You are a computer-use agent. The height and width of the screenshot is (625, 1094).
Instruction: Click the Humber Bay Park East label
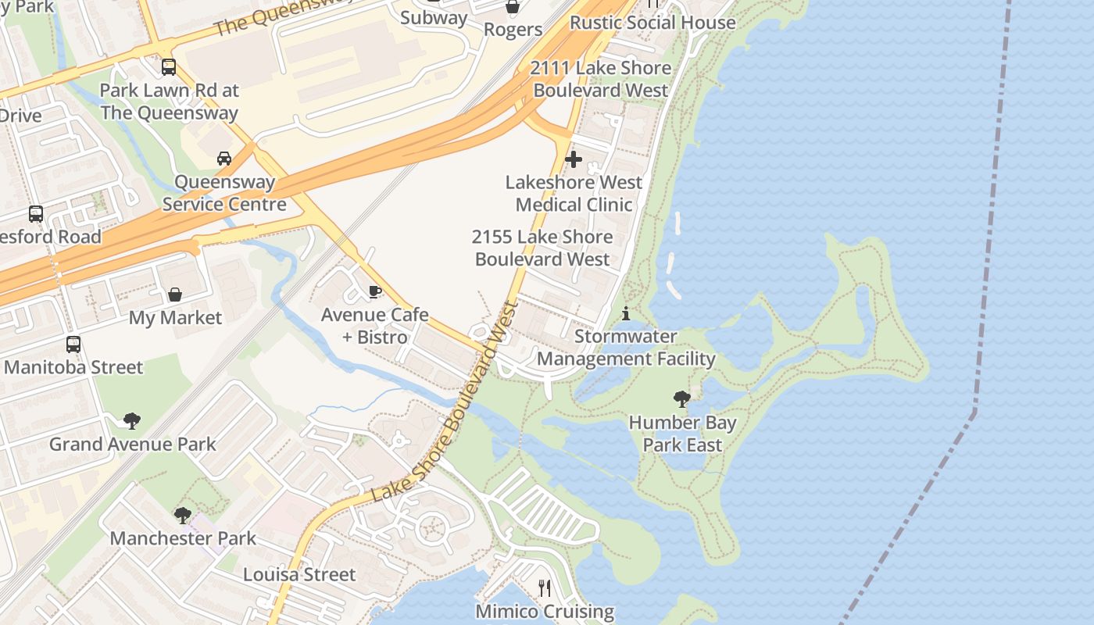[x=682, y=434]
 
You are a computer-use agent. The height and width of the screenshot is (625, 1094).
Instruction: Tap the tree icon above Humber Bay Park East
[x=681, y=399]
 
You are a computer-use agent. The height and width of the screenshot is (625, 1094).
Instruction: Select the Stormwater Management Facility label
[x=626, y=348]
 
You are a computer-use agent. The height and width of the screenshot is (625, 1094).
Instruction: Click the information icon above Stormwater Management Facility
[x=626, y=314]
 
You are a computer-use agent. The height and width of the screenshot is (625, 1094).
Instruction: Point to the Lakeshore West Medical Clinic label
[x=574, y=193]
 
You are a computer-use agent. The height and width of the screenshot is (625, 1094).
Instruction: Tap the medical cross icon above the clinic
[x=574, y=159]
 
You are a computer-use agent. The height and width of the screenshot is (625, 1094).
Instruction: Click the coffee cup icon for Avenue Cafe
[x=375, y=291]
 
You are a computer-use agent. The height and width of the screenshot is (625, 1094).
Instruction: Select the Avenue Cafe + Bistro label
[x=375, y=326]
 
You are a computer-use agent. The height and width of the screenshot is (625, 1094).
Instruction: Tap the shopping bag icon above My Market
[x=175, y=295]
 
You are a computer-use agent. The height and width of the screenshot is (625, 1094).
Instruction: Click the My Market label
[x=175, y=318]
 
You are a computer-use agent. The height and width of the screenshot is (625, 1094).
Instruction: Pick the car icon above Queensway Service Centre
[x=224, y=159]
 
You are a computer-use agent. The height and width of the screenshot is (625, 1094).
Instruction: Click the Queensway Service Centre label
[x=224, y=193]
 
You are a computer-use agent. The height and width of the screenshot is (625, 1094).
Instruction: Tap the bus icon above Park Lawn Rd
[x=169, y=67]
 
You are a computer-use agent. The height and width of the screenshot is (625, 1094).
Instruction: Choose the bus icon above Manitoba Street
[x=73, y=344]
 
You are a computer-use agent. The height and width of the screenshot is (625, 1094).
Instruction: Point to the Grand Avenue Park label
[x=133, y=445]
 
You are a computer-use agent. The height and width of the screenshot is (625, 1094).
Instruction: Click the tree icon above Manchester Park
[x=183, y=515]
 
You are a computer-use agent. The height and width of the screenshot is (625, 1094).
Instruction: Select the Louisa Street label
[x=299, y=575]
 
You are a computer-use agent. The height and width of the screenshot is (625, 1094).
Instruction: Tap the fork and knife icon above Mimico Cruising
[x=545, y=587]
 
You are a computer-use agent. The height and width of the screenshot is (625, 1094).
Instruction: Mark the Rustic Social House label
[x=652, y=22]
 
